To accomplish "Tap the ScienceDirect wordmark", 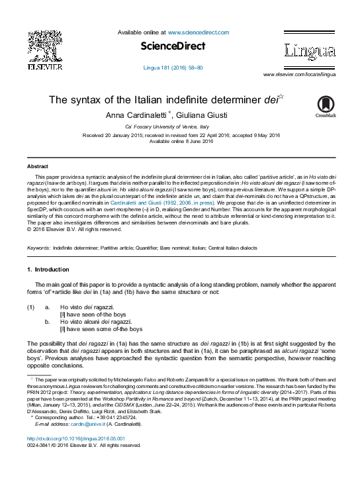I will pos(173,46).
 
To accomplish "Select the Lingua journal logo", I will pos(310,50).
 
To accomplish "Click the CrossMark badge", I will pos(326,107).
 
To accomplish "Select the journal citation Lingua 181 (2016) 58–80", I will pos(173,68).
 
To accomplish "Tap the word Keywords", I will pos(38,247).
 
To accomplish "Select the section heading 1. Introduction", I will pos(48,270).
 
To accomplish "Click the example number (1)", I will pos(30,308).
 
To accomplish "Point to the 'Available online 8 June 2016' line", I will pos(180,142).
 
